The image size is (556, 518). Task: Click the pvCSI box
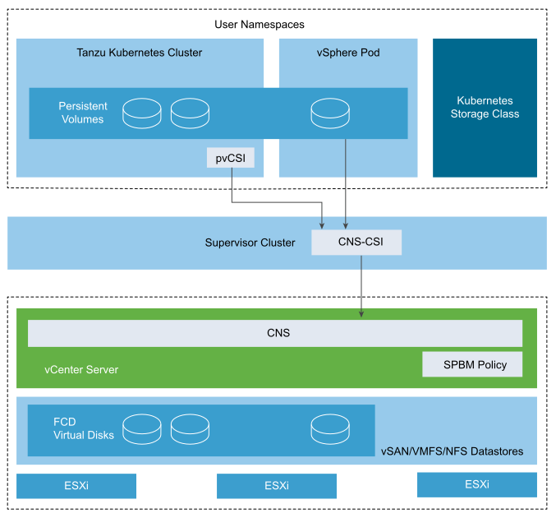pyautogui.click(x=231, y=158)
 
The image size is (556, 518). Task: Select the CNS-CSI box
pyautogui.click(x=356, y=243)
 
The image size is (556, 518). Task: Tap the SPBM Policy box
pyautogui.click(x=472, y=364)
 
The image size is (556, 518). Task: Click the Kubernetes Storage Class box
pyautogui.click(x=485, y=107)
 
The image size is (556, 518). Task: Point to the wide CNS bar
pyautogui.click(x=275, y=333)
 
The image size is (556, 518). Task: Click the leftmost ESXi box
pyautogui.click(x=76, y=486)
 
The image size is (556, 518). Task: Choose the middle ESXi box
pyautogui.click(x=276, y=486)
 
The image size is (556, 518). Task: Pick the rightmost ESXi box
pyautogui.click(x=476, y=484)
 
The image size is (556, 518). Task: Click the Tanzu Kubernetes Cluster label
pyautogui.click(x=139, y=53)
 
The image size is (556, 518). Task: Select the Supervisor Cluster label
pyautogui.click(x=250, y=243)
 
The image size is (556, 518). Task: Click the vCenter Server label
pyautogui.click(x=81, y=370)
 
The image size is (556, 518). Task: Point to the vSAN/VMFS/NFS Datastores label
pyautogui.click(x=452, y=451)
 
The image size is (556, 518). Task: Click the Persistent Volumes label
pyautogui.click(x=81, y=113)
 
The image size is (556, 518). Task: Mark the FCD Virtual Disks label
pyautogui.click(x=84, y=428)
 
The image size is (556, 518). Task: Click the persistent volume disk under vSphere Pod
pyautogui.click(x=330, y=113)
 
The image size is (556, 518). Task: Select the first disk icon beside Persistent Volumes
pyautogui.click(x=142, y=113)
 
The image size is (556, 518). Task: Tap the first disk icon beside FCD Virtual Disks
pyautogui.click(x=142, y=428)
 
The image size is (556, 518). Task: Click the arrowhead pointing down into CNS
pyautogui.click(x=361, y=313)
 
